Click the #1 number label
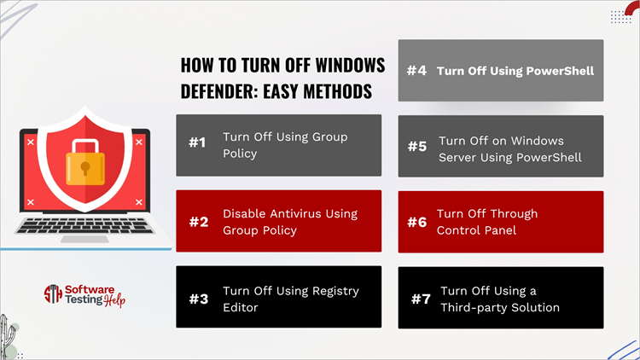(197, 143)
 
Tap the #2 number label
(198, 221)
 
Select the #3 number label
(198, 298)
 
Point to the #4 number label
(416, 71)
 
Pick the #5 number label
(416, 146)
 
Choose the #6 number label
(416, 221)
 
